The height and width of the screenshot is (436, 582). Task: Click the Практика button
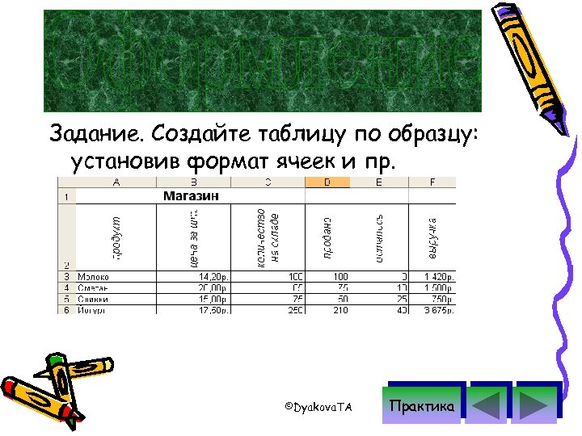click(x=422, y=406)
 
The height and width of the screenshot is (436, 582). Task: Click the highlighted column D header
click(x=327, y=182)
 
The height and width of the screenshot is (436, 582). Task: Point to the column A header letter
click(x=116, y=182)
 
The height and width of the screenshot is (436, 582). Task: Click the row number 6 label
click(x=65, y=309)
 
